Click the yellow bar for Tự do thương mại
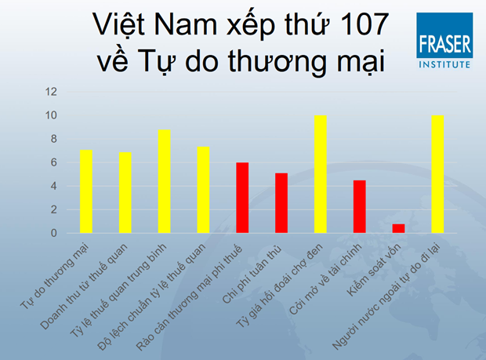coord(86,191)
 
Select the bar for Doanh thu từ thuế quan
coord(125,193)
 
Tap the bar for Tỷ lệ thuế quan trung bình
coord(165,181)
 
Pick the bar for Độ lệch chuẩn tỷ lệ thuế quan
coord(203,190)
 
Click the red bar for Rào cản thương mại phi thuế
coord(242,198)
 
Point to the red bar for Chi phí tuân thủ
coord(281,203)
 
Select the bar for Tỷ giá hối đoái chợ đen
coord(321,174)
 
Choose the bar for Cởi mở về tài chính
coord(360,206)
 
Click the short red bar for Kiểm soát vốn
coord(398,228)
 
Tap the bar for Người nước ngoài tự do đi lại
coord(437,174)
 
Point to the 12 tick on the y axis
coord(51,92)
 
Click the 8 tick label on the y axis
coord(54,139)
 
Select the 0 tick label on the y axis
coord(54,233)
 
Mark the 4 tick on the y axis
coord(54,186)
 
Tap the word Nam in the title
coord(185,24)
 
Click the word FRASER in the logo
coord(444,44)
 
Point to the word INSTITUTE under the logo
coord(444,64)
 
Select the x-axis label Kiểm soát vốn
coord(374,269)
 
